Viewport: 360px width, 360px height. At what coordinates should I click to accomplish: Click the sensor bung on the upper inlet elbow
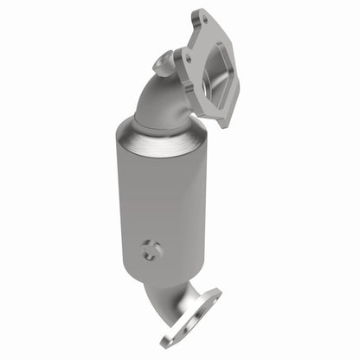(162, 61)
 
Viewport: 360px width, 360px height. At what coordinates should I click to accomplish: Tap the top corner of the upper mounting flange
(202, 10)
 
